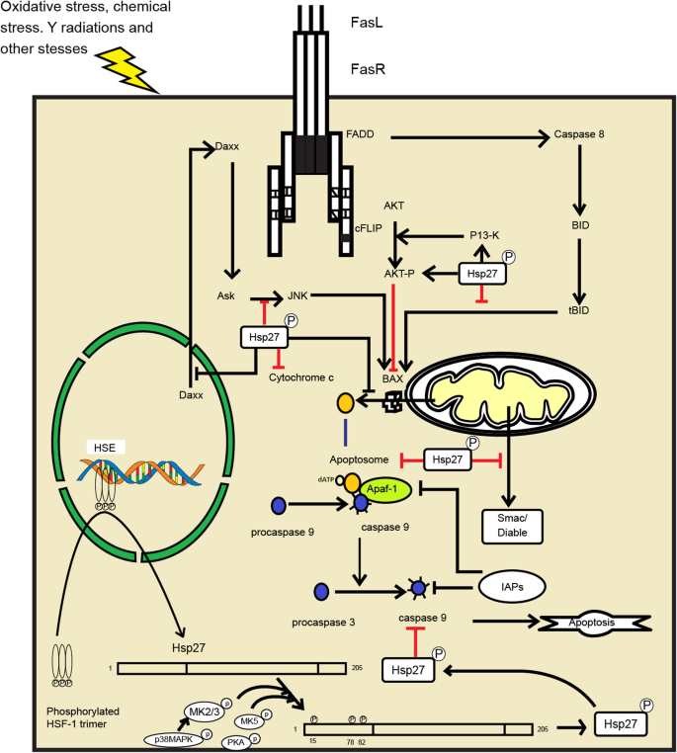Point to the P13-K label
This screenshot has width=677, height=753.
tap(486, 236)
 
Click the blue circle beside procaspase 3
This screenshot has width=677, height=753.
tap(320, 593)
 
